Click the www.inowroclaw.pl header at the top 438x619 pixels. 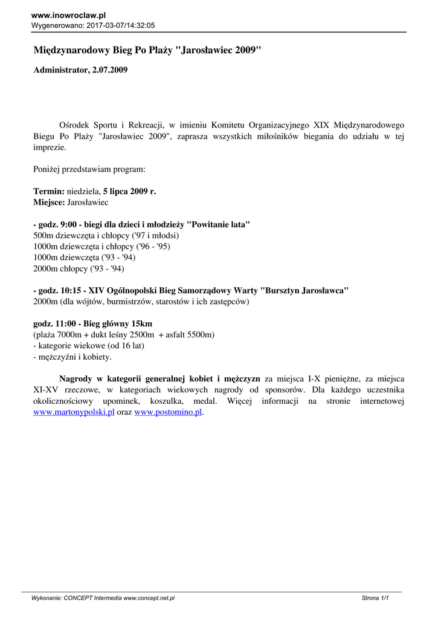[x=68, y=15]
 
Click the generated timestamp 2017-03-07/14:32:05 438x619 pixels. [x=121, y=26]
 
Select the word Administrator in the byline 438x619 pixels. [x=60, y=70]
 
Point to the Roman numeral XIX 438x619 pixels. [x=322, y=125]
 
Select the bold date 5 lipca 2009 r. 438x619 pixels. [x=129, y=191]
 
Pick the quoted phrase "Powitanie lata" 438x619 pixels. [x=219, y=224]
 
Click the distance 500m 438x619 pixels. [x=43, y=235]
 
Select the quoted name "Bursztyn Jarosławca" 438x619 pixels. [x=304, y=290]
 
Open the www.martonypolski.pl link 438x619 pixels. [x=74, y=412]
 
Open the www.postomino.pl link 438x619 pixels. [x=167, y=412]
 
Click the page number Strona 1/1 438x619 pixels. [x=374, y=598]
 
